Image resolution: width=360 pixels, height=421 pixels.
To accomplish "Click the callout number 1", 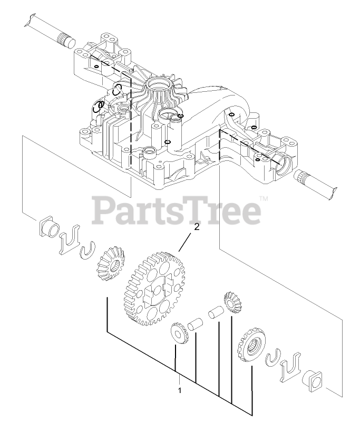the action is point(180,391).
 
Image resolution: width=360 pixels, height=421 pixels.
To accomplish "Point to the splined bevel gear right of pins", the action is point(252,345).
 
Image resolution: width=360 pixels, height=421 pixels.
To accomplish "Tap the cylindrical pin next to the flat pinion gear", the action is point(196,323).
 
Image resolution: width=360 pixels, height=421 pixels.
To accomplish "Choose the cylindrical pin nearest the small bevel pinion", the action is point(215,311).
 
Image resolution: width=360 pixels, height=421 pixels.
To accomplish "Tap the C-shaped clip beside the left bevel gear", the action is point(87,252).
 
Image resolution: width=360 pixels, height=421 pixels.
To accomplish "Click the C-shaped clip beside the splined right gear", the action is point(273,357).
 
